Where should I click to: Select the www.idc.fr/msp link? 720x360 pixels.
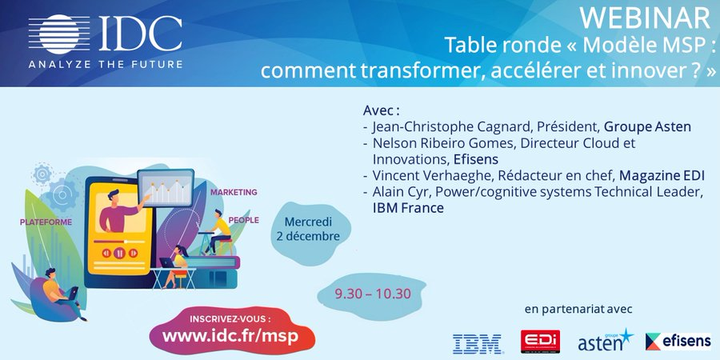click(230, 336)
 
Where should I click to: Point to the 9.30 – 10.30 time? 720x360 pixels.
click(374, 294)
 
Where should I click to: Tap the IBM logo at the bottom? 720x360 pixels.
click(477, 343)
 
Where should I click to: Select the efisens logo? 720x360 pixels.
click(678, 342)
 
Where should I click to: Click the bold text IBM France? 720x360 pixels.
click(408, 208)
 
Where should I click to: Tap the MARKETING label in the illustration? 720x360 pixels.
click(234, 192)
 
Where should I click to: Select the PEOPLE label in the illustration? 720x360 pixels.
click(243, 218)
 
